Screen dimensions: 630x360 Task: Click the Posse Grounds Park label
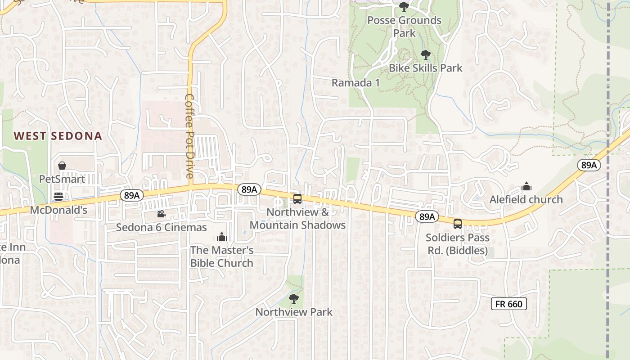[x=404, y=27]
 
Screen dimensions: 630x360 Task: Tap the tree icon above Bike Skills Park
[x=425, y=55]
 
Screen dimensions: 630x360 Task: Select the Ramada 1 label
[x=355, y=83]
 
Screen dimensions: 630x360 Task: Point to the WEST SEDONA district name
[x=58, y=136]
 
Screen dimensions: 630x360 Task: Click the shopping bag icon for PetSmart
[x=62, y=166]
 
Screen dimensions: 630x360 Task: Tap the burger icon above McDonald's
[x=58, y=196]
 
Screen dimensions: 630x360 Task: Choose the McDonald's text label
[x=58, y=210]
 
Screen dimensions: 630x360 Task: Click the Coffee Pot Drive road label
[x=189, y=136]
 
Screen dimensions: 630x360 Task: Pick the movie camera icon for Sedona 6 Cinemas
[x=161, y=214]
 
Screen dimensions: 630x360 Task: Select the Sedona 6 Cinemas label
[x=161, y=227]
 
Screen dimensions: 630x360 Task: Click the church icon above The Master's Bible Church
[x=221, y=237]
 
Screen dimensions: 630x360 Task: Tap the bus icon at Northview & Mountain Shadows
[x=297, y=199]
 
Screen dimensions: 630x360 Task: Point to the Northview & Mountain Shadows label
[x=297, y=219]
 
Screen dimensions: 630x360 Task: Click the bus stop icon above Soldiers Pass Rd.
[x=457, y=224]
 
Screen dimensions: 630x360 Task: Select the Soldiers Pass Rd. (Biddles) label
[x=457, y=244]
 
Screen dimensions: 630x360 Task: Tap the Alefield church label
[x=526, y=199]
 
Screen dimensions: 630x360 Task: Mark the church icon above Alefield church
[x=526, y=186]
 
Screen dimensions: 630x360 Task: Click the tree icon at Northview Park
[x=294, y=298]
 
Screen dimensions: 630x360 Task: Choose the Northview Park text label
[x=294, y=312]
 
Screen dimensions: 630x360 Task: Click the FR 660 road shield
[x=508, y=304]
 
